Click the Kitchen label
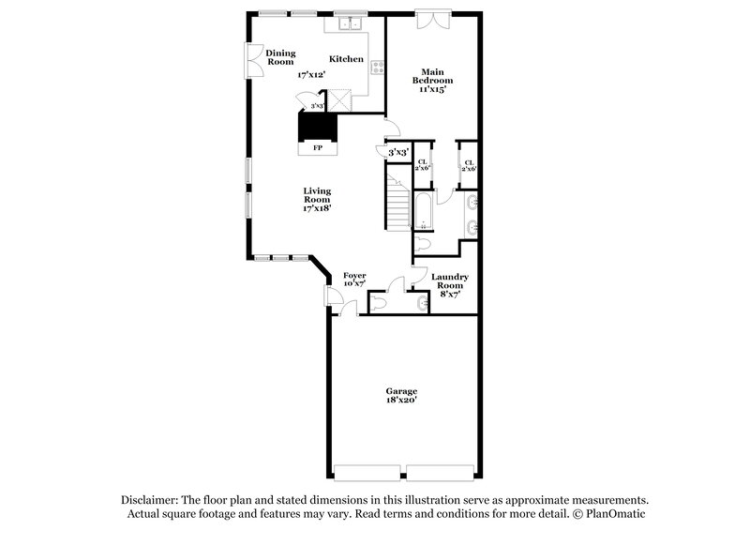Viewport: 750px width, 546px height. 346,59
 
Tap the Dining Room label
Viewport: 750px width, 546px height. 280,57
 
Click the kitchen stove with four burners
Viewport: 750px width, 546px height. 377,67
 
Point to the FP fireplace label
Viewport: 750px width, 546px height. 317,148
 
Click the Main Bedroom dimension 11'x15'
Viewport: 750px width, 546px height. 431,90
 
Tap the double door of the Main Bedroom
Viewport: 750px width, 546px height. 432,20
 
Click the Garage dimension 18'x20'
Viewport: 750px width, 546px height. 401,400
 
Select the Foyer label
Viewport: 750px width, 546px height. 354,275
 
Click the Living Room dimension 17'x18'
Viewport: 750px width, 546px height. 316,208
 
